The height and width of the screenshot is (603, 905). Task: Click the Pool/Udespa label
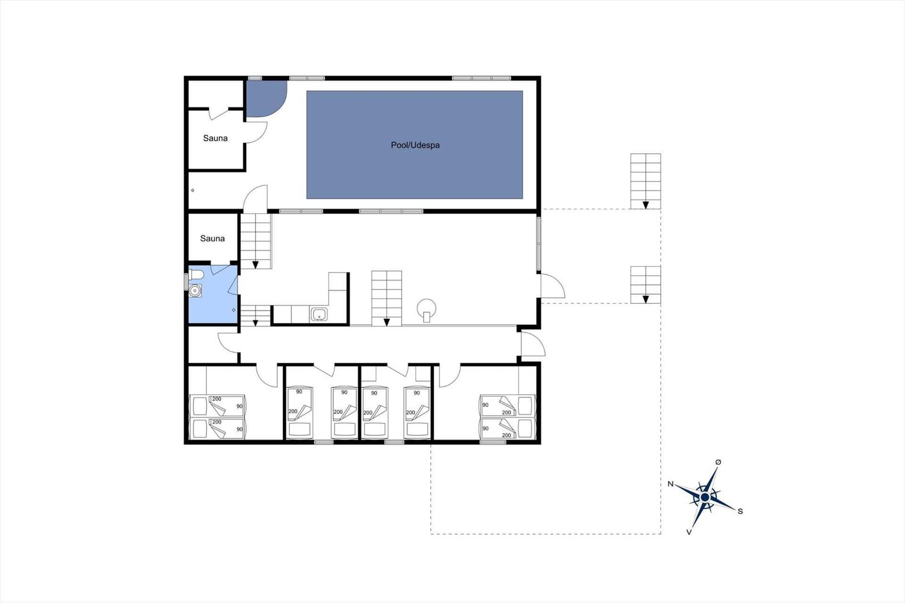(415, 145)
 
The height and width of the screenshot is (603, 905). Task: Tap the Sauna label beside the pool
(215, 138)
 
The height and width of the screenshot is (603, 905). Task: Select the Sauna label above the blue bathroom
(212, 239)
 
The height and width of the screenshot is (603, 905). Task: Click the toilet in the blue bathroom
(196, 275)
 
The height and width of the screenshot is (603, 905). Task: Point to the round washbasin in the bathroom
(195, 291)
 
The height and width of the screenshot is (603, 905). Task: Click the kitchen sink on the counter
(319, 315)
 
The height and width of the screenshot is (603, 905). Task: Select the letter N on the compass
(670, 484)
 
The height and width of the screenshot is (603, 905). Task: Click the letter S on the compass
(740, 511)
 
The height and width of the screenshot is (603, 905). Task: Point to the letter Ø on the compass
(718, 462)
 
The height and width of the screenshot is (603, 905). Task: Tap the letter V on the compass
(689, 532)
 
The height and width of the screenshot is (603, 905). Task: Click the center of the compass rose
(705, 497)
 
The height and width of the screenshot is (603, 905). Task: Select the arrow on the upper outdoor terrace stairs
(645, 205)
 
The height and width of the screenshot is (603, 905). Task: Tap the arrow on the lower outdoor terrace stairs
(645, 299)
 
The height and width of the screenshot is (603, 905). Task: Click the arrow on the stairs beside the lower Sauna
(255, 265)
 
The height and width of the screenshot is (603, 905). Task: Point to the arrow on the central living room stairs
(387, 322)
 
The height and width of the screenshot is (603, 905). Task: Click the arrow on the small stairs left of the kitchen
(255, 324)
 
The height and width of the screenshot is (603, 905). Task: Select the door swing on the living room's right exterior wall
(553, 286)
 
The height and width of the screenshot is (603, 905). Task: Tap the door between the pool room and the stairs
(255, 199)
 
